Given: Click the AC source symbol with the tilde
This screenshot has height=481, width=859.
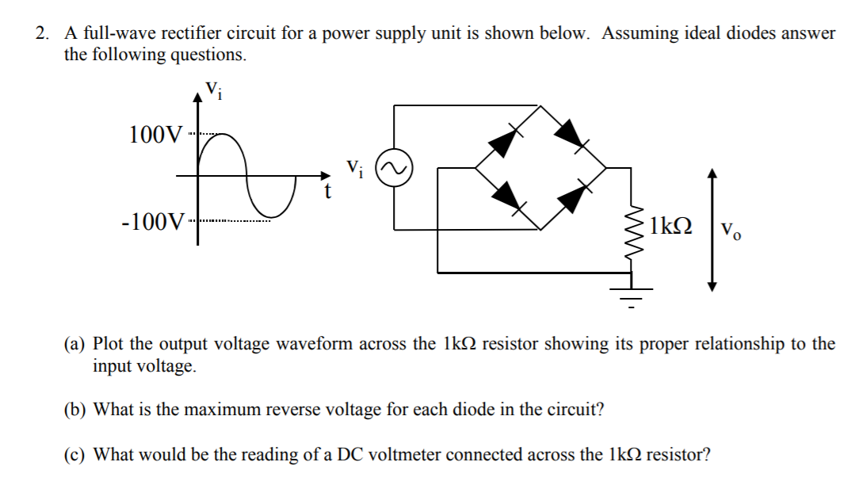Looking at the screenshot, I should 393,170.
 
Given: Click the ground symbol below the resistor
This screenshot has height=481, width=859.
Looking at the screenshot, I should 632,296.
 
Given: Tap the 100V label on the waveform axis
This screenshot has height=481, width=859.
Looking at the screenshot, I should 155,134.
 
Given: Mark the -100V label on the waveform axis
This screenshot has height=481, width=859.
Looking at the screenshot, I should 154,219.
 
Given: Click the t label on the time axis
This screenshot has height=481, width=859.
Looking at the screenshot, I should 326,193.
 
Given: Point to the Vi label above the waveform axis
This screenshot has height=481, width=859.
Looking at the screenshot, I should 214,89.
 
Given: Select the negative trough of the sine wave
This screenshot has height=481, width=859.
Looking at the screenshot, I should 273,215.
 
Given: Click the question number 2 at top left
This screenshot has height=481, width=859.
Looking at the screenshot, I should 41,33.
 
